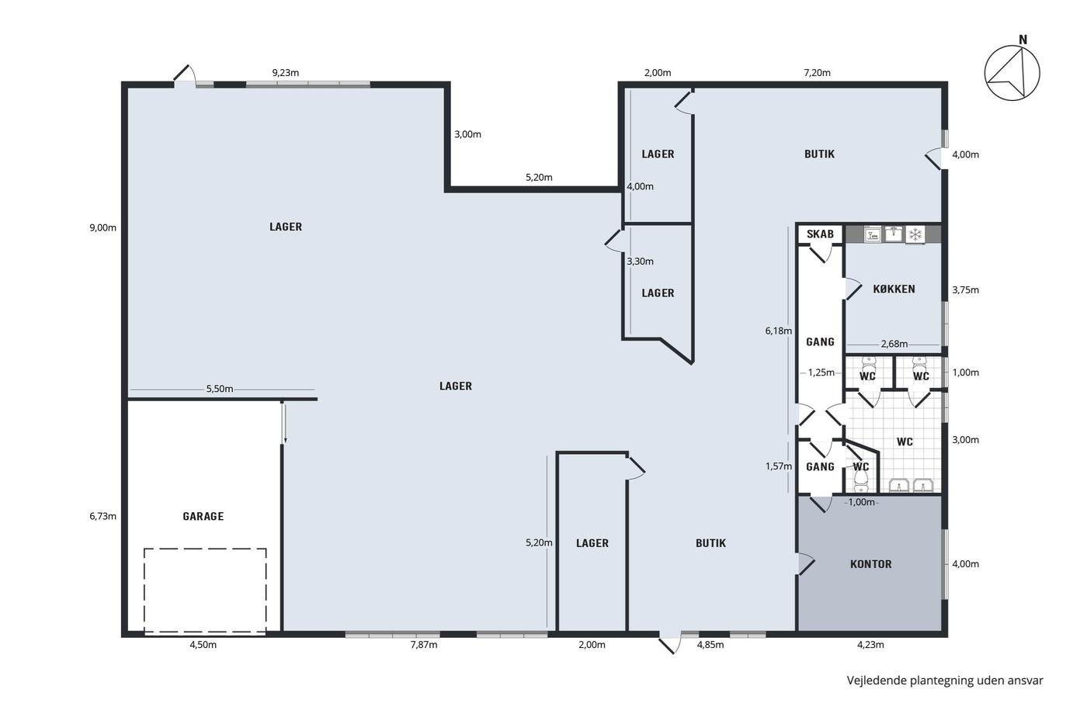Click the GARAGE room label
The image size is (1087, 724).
pos(203,517)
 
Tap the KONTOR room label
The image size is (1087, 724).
pos(870,564)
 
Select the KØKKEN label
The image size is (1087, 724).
pos(894,289)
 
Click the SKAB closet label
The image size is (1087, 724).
pos(820,234)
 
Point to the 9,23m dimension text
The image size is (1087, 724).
pos(286,73)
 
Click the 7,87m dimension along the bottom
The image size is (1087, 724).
pos(424,645)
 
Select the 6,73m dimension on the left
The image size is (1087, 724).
pos(102,516)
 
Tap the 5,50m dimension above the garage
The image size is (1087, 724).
pos(220,389)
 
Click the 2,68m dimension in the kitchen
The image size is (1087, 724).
pos(894,344)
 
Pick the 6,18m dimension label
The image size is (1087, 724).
pos(778,331)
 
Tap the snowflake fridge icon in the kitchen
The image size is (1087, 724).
pos(915,234)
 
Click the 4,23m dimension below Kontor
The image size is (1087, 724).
pos(870,645)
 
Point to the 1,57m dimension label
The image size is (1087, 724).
pos(778,466)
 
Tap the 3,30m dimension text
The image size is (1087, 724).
pos(640,262)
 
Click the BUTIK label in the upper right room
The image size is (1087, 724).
pos(819,154)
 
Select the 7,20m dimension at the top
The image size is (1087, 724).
pos(817,73)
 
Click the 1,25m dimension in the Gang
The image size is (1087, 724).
pos(821,372)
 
